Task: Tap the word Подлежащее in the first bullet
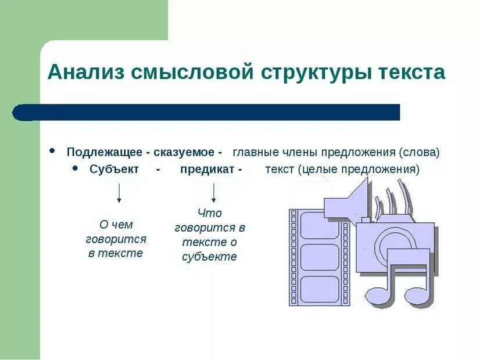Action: tap(104, 153)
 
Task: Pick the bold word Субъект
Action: tap(114, 170)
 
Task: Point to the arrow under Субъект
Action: tap(119, 192)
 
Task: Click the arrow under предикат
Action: tap(214, 192)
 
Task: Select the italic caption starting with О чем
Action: tap(116, 239)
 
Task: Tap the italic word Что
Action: tap(209, 213)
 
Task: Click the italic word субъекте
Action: tap(209, 257)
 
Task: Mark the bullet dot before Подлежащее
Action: tap(53, 151)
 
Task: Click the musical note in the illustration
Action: tap(400, 279)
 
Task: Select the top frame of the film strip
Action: tap(319, 225)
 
